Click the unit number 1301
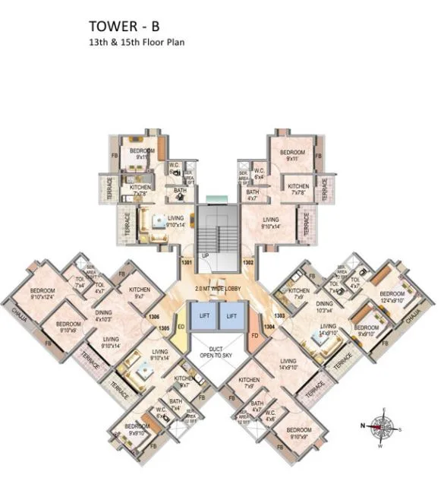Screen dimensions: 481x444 [x=186, y=263]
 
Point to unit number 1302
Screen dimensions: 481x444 [x=248, y=263]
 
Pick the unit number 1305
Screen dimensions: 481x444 [x=163, y=328]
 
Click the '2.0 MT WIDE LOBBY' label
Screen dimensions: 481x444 [x=218, y=290]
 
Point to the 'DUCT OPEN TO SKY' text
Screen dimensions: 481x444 [x=216, y=352]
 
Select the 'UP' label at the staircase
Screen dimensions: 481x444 [x=206, y=256]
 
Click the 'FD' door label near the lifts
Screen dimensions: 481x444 [x=255, y=334]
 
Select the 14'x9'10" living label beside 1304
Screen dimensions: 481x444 [x=288, y=365]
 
